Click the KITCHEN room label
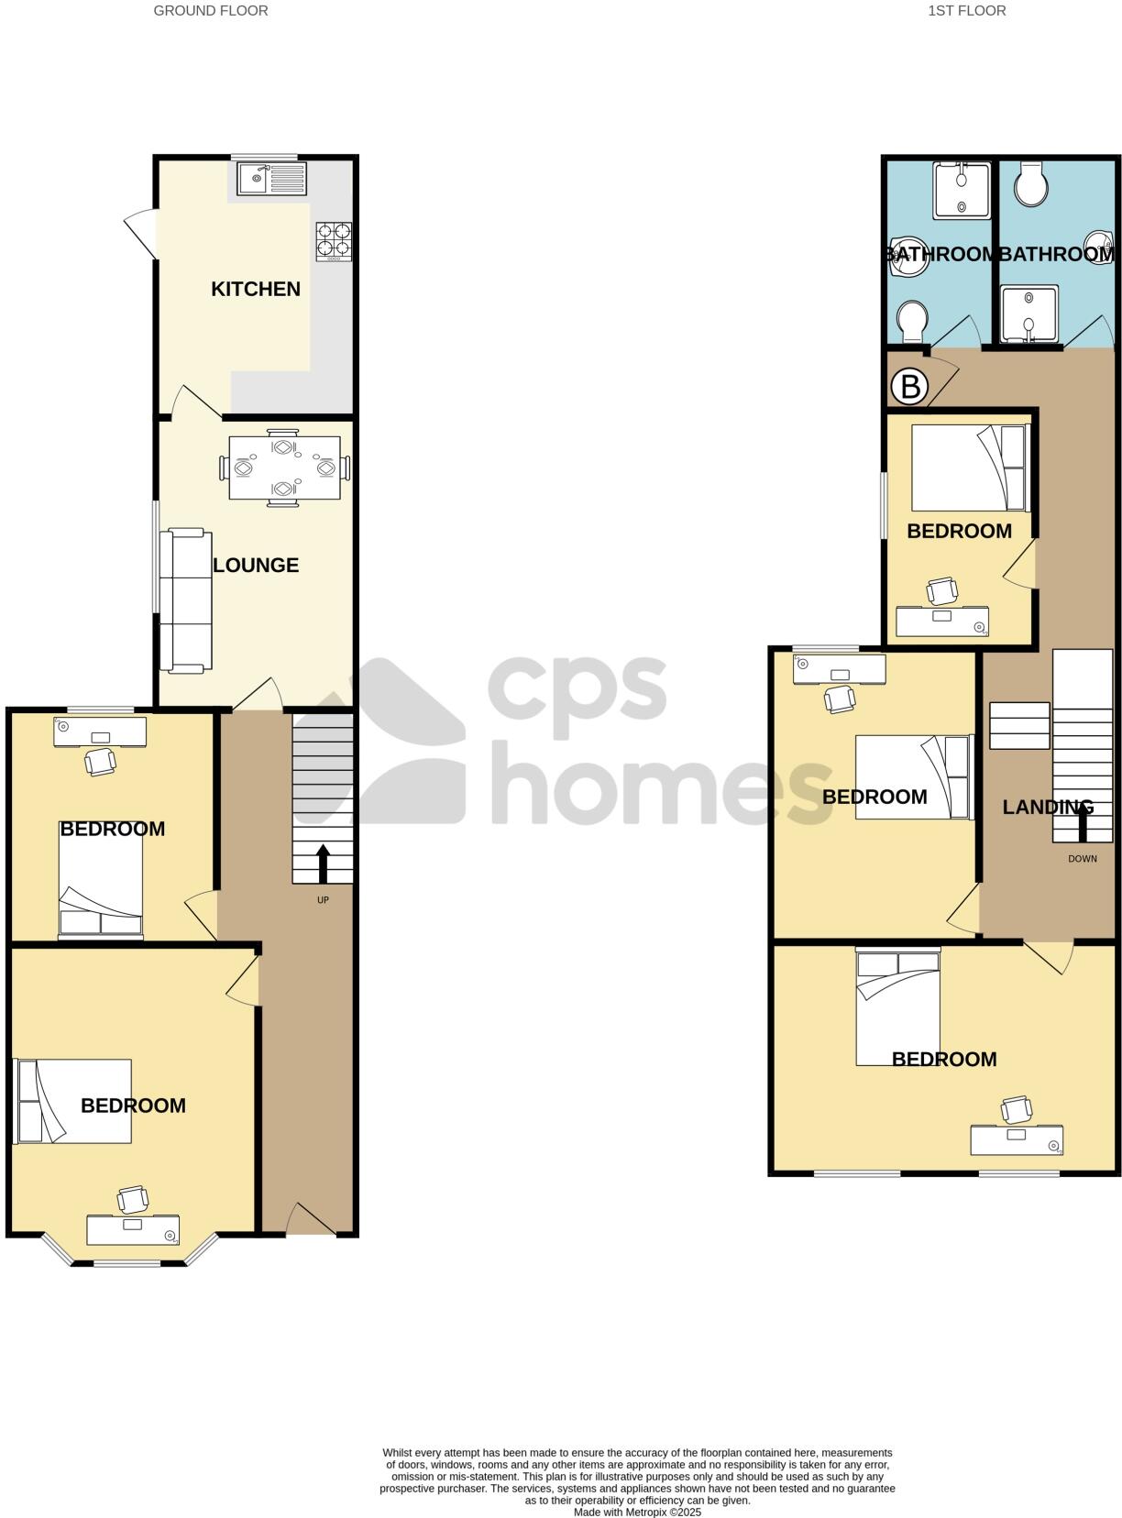click(256, 289)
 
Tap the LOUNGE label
click(256, 565)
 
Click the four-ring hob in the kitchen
click(334, 241)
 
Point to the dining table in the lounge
click(284, 467)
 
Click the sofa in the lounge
click(185, 600)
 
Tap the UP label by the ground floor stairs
click(323, 900)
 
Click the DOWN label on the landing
click(1083, 859)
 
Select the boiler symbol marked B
click(910, 387)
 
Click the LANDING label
click(1048, 808)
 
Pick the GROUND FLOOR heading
click(211, 11)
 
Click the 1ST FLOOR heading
click(967, 11)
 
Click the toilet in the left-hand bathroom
click(913, 321)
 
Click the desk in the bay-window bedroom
click(133, 1229)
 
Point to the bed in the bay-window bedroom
click(74, 1101)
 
